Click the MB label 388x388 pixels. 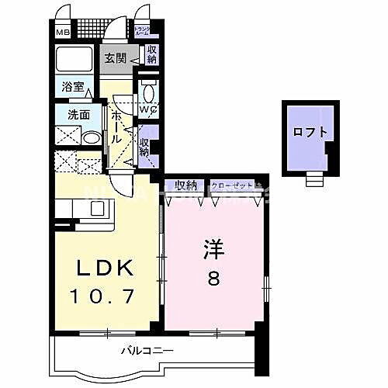(x=61, y=33)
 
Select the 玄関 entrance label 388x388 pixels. (x=116, y=57)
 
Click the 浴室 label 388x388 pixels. (x=68, y=88)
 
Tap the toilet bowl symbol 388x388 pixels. (x=149, y=92)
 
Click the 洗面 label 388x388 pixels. (x=68, y=114)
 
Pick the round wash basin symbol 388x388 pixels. (x=91, y=139)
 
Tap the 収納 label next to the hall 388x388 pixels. (x=144, y=147)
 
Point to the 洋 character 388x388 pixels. (x=214, y=250)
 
